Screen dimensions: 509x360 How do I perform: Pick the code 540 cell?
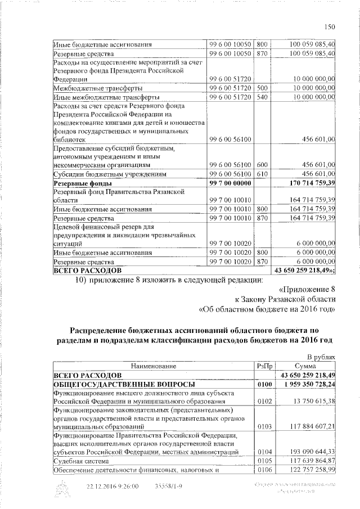[x=262, y=97]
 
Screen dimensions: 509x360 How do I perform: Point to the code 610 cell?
[x=262, y=174]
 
